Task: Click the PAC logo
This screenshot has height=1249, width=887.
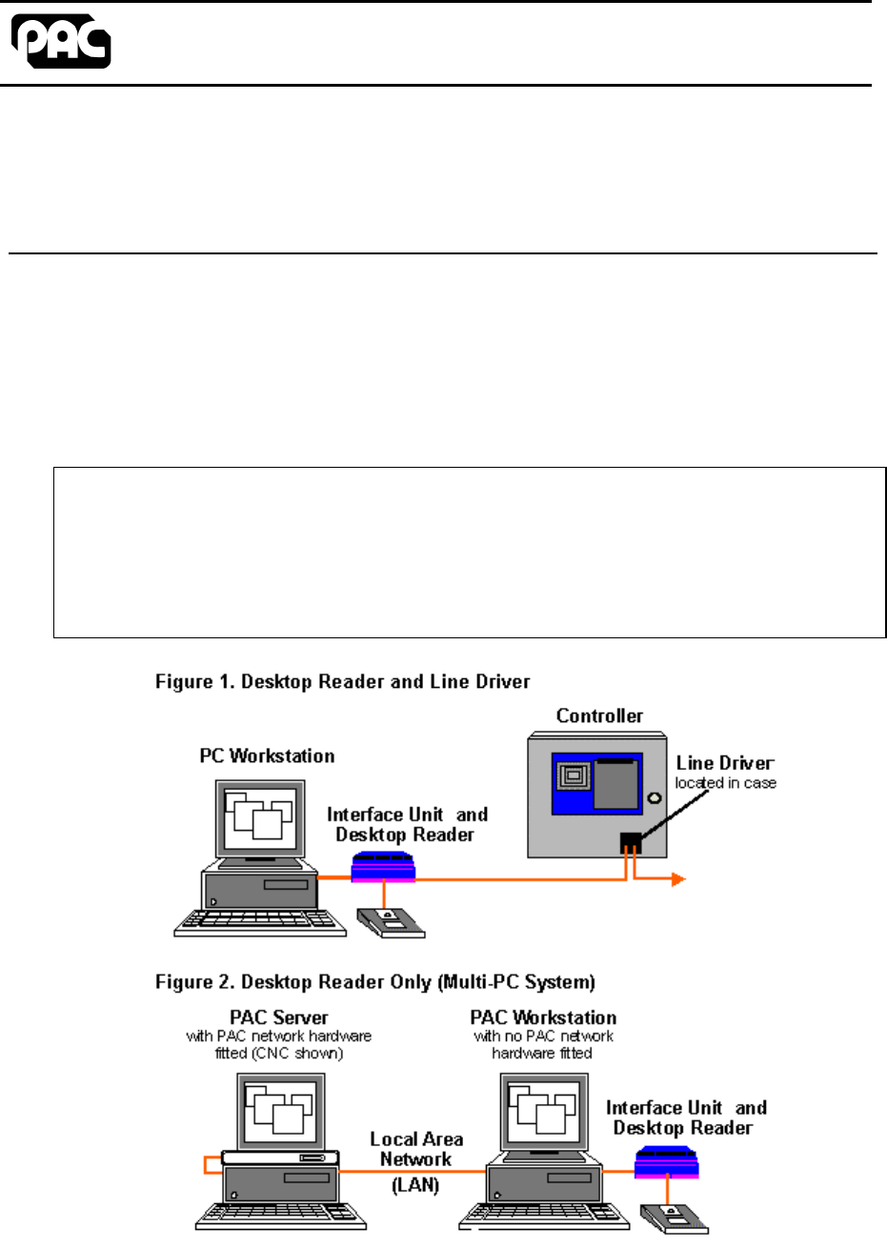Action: tap(61, 42)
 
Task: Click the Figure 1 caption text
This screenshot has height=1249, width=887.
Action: tap(342, 681)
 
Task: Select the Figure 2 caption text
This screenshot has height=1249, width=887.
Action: tap(375, 981)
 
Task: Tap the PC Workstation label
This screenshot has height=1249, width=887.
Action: tap(267, 755)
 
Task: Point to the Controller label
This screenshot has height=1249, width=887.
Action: tap(599, 715)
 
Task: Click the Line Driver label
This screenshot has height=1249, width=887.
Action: tap(725, 762)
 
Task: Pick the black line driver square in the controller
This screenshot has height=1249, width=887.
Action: tap(630, 842)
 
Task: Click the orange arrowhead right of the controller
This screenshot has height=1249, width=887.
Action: tap(677, 879)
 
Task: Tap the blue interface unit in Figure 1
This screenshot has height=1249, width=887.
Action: tap(383, 867)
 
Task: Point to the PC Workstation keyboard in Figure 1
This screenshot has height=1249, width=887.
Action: tap(260, 921)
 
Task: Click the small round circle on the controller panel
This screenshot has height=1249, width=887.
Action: tap(655, 797)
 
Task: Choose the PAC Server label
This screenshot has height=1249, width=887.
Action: tap(278, 1017)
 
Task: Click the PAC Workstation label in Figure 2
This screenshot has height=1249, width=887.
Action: tap(543, 1017)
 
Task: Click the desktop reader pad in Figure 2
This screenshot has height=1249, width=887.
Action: tap(672, 1218)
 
